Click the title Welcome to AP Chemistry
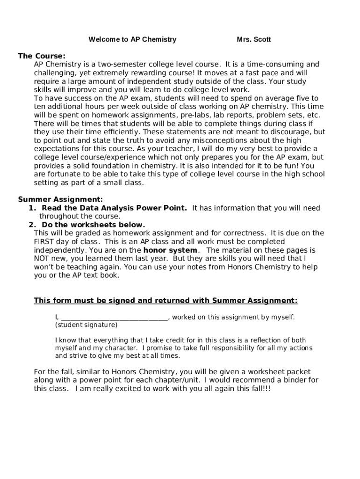coord(132,40)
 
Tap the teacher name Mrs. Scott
coord(253,40)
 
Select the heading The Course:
coord(42,56)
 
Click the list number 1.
coord(32,208)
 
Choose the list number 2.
coord(32,225)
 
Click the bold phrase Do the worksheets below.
coord(94,225)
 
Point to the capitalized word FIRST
coord(44,241)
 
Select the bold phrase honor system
coord(170,250)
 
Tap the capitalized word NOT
coord(41,258)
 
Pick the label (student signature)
coord(86,325)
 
